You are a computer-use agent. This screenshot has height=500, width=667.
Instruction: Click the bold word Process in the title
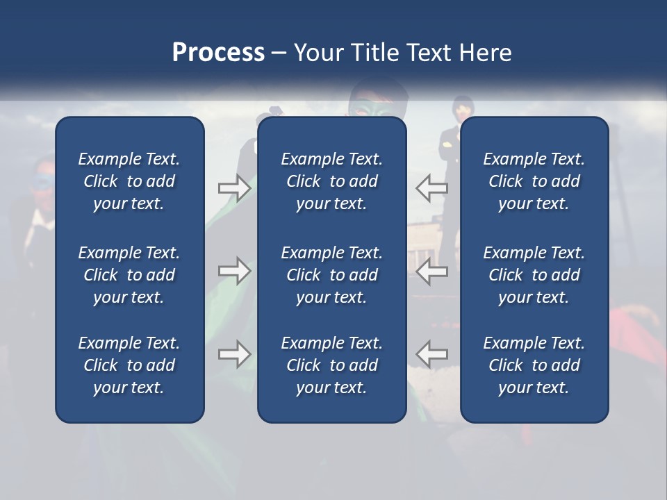click(218, 53)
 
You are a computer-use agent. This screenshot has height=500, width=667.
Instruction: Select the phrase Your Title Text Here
click(402, 53)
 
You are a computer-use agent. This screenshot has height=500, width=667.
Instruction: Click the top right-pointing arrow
click(234, 188)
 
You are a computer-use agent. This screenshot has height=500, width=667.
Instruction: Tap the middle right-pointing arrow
click(234, 271)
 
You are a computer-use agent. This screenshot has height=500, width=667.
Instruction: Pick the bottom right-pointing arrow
click(234, 354)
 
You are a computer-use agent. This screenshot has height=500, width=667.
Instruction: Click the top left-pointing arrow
click(431, 188)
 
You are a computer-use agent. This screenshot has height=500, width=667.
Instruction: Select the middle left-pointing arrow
click(431, 271)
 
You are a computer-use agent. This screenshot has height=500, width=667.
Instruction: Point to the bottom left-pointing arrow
click(431, 354)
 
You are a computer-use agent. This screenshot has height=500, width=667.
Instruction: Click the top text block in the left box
click(129, 181)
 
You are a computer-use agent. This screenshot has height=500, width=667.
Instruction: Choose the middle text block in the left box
click(129, 275)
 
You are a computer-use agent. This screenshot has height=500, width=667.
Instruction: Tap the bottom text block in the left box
click(129, 365)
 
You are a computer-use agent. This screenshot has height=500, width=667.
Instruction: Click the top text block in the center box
click(331, 181)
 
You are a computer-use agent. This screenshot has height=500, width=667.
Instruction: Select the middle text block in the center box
click(331, 275)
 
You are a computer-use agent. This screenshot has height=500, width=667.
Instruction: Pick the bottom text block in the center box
click(331, 365)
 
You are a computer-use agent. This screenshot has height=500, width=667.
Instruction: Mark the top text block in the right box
click(534, 181)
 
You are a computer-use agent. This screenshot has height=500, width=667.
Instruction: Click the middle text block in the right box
click(534, 275)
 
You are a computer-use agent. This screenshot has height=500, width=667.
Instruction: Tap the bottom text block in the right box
click(534, 365)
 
